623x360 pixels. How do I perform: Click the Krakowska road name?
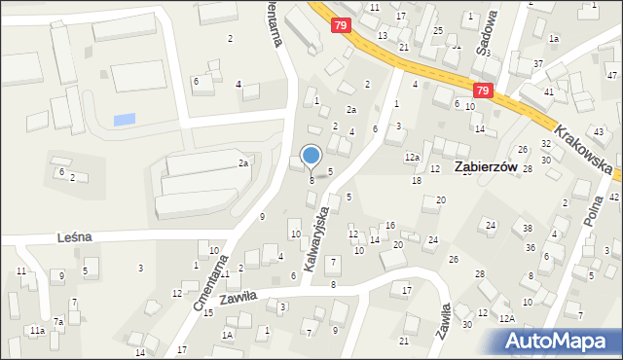pos(584,146)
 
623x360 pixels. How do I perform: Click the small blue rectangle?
pos(125,120)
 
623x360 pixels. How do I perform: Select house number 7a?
pos(58,321)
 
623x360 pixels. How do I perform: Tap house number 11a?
pos(36,331)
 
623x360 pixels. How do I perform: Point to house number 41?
pos(549,90)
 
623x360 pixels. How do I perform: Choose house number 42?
pos(613,197)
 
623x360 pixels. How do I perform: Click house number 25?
pos(438,31)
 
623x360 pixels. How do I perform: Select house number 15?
pos(207,311)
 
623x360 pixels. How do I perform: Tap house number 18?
pos(417,180)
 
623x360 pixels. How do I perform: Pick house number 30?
pos(467,324)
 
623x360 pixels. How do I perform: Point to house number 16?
pos(390,225)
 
